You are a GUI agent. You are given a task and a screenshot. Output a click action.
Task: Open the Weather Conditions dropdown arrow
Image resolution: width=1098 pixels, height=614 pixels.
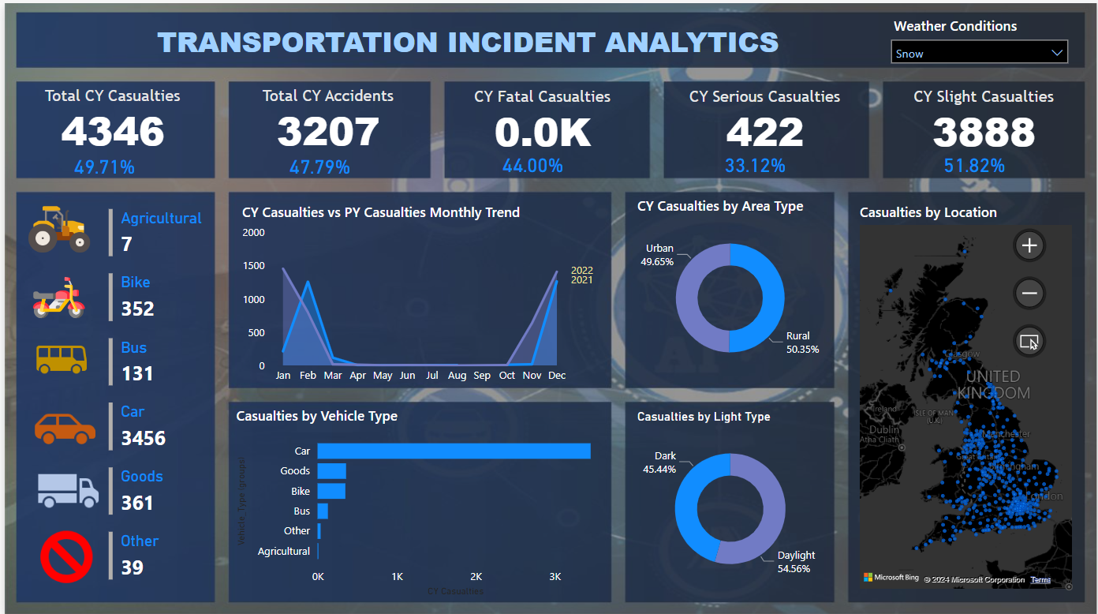click(x=1057, y=53)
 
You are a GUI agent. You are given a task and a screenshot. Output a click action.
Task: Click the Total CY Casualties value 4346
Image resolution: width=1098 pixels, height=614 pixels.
click(x=113, y=132)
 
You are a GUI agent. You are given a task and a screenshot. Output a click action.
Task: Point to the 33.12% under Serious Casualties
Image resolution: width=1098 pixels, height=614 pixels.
click(x=755, y=166)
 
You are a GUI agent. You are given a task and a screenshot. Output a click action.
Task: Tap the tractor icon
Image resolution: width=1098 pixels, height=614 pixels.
click(x=59, y=229)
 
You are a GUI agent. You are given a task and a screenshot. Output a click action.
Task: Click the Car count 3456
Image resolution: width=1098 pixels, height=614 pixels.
click(x=144, y=438)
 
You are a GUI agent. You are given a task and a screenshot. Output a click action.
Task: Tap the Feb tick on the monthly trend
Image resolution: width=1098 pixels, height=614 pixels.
click(x=308, y=376)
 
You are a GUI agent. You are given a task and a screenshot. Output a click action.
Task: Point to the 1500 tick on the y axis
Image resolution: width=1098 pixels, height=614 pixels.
click(x=254, y=266)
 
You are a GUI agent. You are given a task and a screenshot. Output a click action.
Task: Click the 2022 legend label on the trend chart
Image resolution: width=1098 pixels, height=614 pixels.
click(x=581, y=271)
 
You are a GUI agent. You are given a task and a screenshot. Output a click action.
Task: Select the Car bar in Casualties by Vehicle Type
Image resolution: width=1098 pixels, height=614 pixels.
click(x=454, y=451)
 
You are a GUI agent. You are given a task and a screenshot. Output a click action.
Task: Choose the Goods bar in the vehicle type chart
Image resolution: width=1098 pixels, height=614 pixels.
click(x=331, y=471)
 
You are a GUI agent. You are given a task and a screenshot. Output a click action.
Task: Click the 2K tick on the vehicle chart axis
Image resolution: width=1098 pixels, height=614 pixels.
click(x=476, y=577)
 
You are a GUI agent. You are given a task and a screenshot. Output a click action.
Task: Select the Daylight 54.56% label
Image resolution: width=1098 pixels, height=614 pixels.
click(x=795, y=561)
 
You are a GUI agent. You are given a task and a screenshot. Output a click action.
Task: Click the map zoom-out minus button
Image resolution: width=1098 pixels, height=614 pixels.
click(x=1029, y=294)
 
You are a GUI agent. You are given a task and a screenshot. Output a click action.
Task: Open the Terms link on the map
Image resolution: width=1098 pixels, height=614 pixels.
click(x=1040, y=580)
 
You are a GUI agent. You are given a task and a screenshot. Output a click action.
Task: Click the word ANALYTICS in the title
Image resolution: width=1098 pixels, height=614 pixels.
click(x=692, y=42)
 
